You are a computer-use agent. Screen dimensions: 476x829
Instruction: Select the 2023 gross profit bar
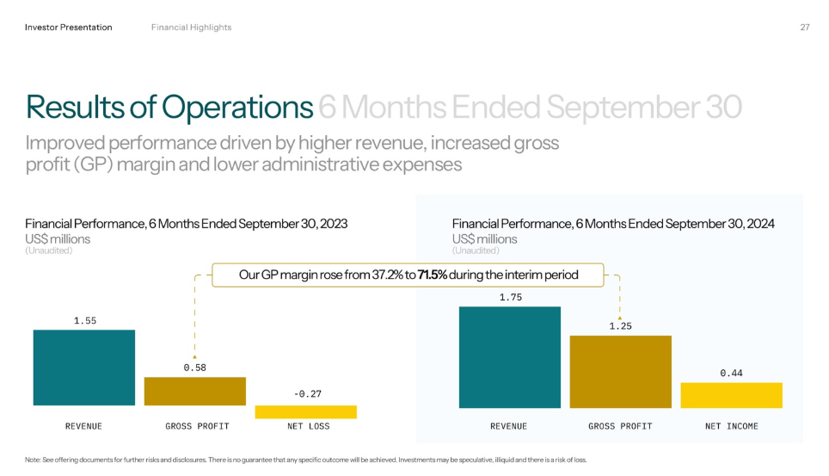tap(194, 391)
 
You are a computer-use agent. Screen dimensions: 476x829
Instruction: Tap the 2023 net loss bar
tap(305, 412)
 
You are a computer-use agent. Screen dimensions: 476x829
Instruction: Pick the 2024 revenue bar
tap(509, 357)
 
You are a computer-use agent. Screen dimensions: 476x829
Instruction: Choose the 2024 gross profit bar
tap(620, 372)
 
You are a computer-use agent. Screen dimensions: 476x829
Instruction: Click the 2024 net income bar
tap(731, 395)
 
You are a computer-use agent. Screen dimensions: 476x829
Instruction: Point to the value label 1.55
tap(84, 321)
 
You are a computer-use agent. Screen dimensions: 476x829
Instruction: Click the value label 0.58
tap(194, 368)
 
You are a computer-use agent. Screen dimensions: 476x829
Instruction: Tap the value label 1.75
tap(509, 298)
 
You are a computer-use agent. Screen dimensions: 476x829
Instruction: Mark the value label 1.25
tap(620, 327)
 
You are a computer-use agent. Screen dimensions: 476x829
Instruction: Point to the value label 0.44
tap(731, 374)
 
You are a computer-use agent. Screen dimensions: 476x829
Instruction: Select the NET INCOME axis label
tap(731, 426)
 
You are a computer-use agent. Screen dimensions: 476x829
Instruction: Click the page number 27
tap(805, 28)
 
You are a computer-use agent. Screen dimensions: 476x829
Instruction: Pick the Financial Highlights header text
tap(191, 28)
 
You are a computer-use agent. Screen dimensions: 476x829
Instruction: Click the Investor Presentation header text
tap(69, 28)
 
